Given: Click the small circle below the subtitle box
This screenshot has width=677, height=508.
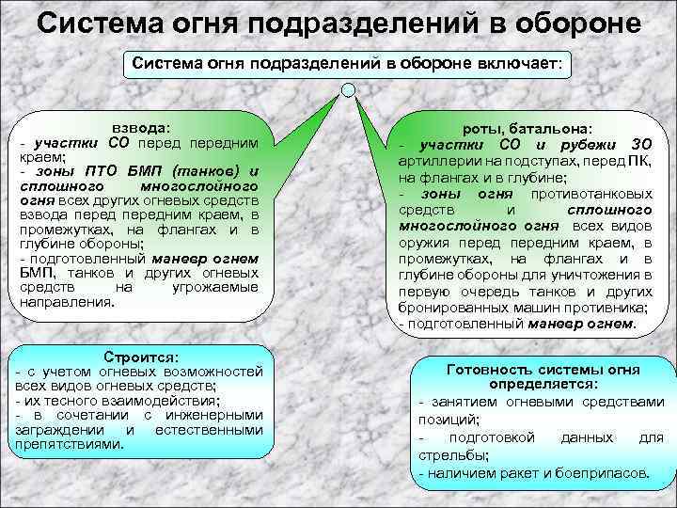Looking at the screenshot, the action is tap(348, 90).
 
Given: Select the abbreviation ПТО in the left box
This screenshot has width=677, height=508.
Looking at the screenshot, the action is tap(102, 171).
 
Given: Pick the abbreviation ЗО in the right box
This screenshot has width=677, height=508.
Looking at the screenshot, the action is tap(640, 143).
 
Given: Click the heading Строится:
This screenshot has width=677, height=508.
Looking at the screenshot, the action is tap(139, 357).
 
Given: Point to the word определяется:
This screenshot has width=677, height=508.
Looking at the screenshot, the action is tap(543, 384).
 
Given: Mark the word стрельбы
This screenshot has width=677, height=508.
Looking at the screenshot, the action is tap(449, 455).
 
